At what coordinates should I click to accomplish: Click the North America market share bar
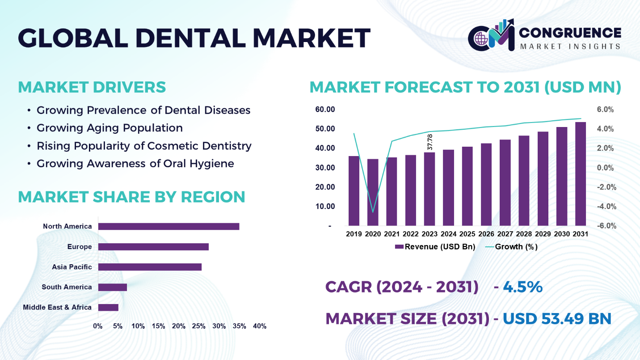[x=168, y=226]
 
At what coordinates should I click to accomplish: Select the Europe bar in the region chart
[x=153, y=247]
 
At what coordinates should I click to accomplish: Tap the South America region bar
[x=113, y=288]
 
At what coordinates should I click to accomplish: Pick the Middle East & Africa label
[x=57, y=307]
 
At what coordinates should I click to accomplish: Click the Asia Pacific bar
[x=150, y=267]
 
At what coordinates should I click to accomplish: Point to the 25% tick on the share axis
[x=199, y=326]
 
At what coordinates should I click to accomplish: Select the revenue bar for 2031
[x=580, y=174]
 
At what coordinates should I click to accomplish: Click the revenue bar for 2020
[x=373, y=192]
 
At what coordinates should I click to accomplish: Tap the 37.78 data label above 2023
[x=429, y=142]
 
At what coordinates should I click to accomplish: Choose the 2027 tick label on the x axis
[x=505, y=234]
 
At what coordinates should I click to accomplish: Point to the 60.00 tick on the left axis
[x=325, y=110]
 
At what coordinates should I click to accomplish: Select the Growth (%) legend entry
[x=511, y=247]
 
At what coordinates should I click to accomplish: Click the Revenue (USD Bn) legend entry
[x=435, y=247]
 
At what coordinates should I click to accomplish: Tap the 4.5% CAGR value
[x=522, y=287]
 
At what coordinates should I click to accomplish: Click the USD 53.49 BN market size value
[x=556, y=318]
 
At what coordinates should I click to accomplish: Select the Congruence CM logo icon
[x=491, y=35]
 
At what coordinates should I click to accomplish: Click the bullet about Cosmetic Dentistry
[x=144, y=146]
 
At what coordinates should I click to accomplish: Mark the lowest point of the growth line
[x=373, y=212]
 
